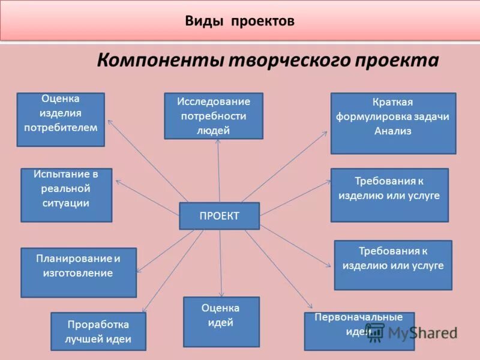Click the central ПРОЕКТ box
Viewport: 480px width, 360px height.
tap(219, 216)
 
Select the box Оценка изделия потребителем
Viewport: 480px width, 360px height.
tap(61, 119)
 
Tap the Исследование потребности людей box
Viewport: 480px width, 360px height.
tap(213, 116)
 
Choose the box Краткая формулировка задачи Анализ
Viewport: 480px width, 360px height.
tap(393, 123)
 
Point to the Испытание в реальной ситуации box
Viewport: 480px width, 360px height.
tap(66, 195)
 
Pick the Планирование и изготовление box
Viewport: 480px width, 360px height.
tap(78, 272)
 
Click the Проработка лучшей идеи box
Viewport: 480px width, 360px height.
tap(98, 331)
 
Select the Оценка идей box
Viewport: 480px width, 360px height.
tap(221, 322)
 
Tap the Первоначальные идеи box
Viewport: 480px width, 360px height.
tap(359, 331)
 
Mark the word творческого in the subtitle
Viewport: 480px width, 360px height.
tap(285, 61)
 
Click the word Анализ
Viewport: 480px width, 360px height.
tap(393, 131)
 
